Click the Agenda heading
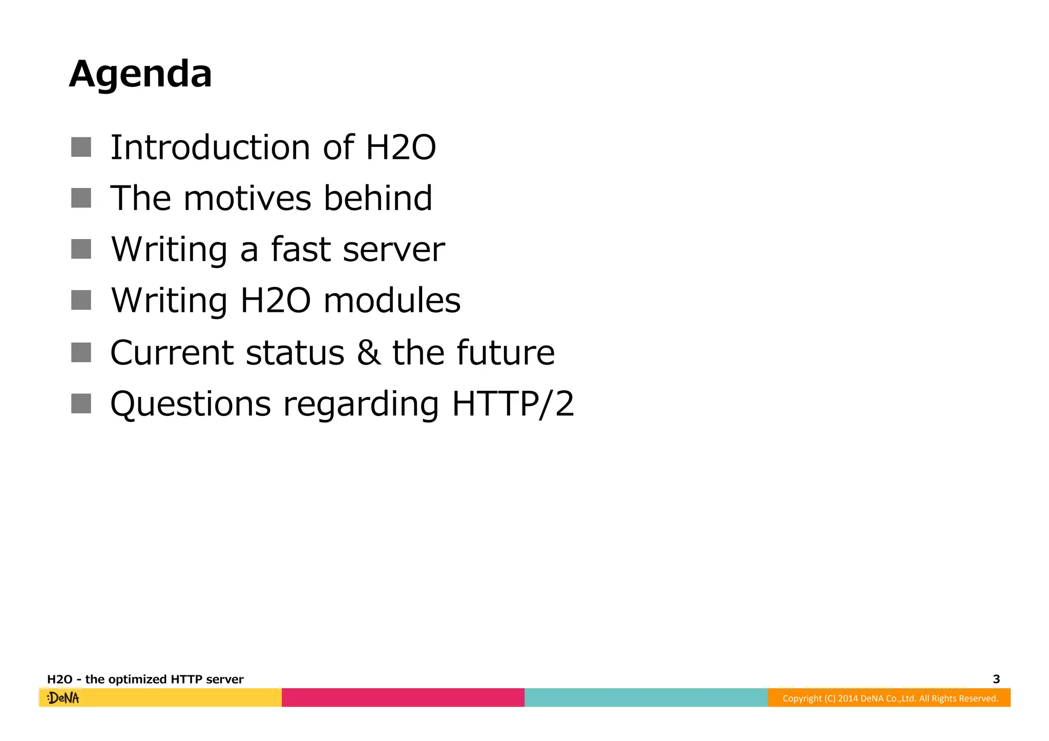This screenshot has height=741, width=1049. [x=140, y=74]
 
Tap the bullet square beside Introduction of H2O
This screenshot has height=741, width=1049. [x=81, y=147]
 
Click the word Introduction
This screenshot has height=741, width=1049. [x=210, y=147]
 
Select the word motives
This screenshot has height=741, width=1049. [x=247, y=198]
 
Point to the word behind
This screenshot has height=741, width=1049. [x=378, y=198]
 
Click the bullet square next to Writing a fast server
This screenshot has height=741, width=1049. [x=81, y=249]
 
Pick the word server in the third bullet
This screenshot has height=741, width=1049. [x=393, y=250]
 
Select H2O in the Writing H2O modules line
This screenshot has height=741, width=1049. [x=276, y=301]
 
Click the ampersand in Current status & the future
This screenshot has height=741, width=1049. [x=369, y=352]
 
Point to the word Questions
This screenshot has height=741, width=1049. [x=191, y=404]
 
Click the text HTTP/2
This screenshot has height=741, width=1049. [x=513, y=404]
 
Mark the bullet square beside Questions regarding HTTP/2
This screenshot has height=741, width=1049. [x=81, y=404]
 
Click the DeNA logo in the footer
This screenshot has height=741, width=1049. [x=63, y=697]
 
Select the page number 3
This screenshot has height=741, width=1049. [x=996, y=679]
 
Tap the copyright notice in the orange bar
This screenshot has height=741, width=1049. [x=890, y=698]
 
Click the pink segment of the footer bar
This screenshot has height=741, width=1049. [x=403, y=697]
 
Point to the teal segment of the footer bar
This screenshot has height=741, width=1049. [x=646, y=697]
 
